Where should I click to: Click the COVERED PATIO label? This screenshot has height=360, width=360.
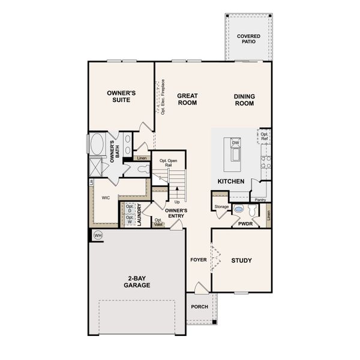(248, 39)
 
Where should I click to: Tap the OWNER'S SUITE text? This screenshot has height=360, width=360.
(122, 97)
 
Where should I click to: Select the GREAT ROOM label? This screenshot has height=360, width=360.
(187, 99)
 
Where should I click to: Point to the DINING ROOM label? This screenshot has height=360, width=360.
(244, 99)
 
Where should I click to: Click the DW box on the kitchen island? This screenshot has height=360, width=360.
(236, 142)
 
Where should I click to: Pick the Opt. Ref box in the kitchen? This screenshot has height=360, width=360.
(264, 136)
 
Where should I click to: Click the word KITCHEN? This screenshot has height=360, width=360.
(230, 181)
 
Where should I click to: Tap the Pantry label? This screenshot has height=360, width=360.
(260, 200)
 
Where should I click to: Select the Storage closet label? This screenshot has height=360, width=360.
(221, 207)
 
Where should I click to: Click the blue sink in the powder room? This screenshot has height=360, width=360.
(239, 211)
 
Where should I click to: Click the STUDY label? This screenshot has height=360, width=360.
(241, 260)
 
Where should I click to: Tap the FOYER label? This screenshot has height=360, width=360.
(198, 260)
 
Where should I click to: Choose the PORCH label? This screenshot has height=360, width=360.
(199, 307)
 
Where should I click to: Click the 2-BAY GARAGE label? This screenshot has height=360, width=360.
(138, 281)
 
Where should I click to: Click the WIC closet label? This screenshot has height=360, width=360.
(106, 197)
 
